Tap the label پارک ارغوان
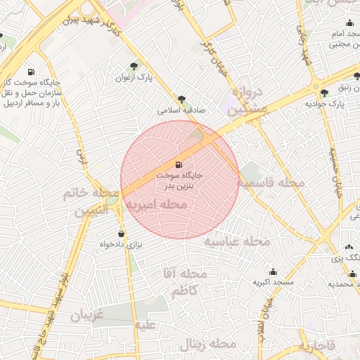[x=134, y=77]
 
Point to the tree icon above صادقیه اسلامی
[x=182, y=100]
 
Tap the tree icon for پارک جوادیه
[x=324, y=94]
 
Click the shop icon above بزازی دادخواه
[x=121, y=234]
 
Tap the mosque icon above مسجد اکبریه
[x=273, y=272]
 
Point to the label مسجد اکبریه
[x=273, y=282]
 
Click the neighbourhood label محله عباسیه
[x=237, y=241]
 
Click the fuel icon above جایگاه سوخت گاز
[x=30, y=72]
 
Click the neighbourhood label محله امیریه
[x=156, y=205]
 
